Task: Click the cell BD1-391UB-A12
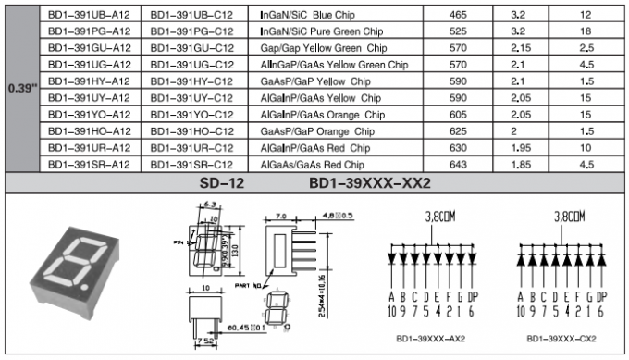coord(89,16)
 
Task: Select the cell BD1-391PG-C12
coord(192,31)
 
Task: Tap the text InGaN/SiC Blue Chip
coord(319,16)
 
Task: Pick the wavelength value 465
coord(458,16)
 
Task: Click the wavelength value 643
coord(458,163)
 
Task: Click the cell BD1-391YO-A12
coord(89,114)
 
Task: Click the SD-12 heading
coord(222,182)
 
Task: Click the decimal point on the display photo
coord(88,294)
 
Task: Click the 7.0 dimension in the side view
coord(280,216)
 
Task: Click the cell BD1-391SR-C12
coord(192,163)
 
